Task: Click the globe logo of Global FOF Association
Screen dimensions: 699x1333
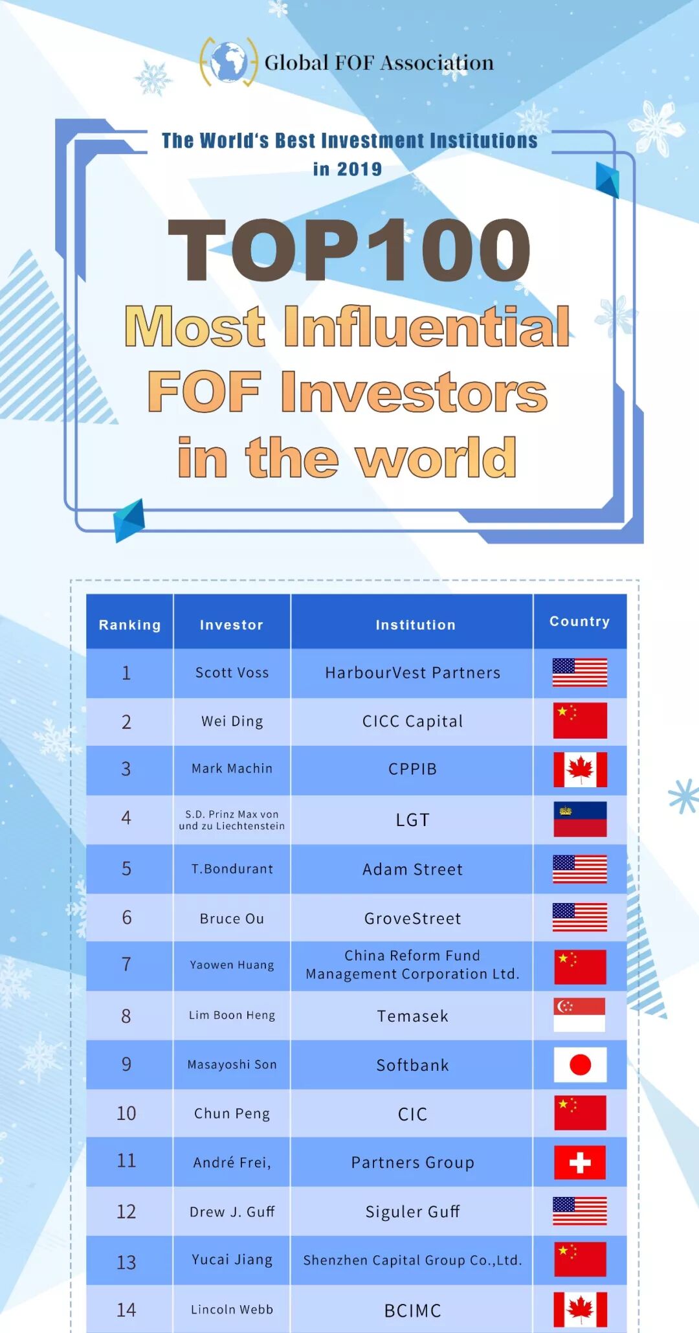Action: (228, 62)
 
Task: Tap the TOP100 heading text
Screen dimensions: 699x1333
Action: (349, 250)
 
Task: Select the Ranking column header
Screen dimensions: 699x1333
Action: (129, 625)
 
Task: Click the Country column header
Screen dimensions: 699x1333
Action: (579, 622)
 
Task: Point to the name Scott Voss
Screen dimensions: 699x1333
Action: (232, 673)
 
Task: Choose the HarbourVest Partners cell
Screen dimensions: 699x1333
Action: (412, 673)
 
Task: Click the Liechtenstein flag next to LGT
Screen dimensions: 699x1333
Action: (580, 819)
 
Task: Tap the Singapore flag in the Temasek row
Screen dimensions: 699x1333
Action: (580, 1014)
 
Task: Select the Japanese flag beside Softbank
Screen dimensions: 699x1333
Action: (580, 1064)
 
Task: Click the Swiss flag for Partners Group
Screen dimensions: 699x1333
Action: (580, 1163)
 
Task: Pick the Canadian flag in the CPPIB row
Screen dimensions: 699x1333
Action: (580, 770)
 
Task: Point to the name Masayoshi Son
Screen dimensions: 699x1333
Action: (232, 1064)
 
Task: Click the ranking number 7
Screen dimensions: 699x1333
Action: (126, 965)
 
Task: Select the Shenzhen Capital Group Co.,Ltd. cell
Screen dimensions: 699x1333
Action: (412, 1260)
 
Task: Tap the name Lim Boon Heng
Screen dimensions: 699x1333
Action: (232, 1015)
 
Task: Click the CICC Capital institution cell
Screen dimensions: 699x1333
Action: (412, 721)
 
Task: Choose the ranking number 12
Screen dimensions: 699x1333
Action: (126, 1211)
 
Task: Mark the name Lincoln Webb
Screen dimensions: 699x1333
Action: (232, 1309)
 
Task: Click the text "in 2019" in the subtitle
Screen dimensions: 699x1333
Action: (348, 169)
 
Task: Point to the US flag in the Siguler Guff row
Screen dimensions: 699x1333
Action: (580, 1211)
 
